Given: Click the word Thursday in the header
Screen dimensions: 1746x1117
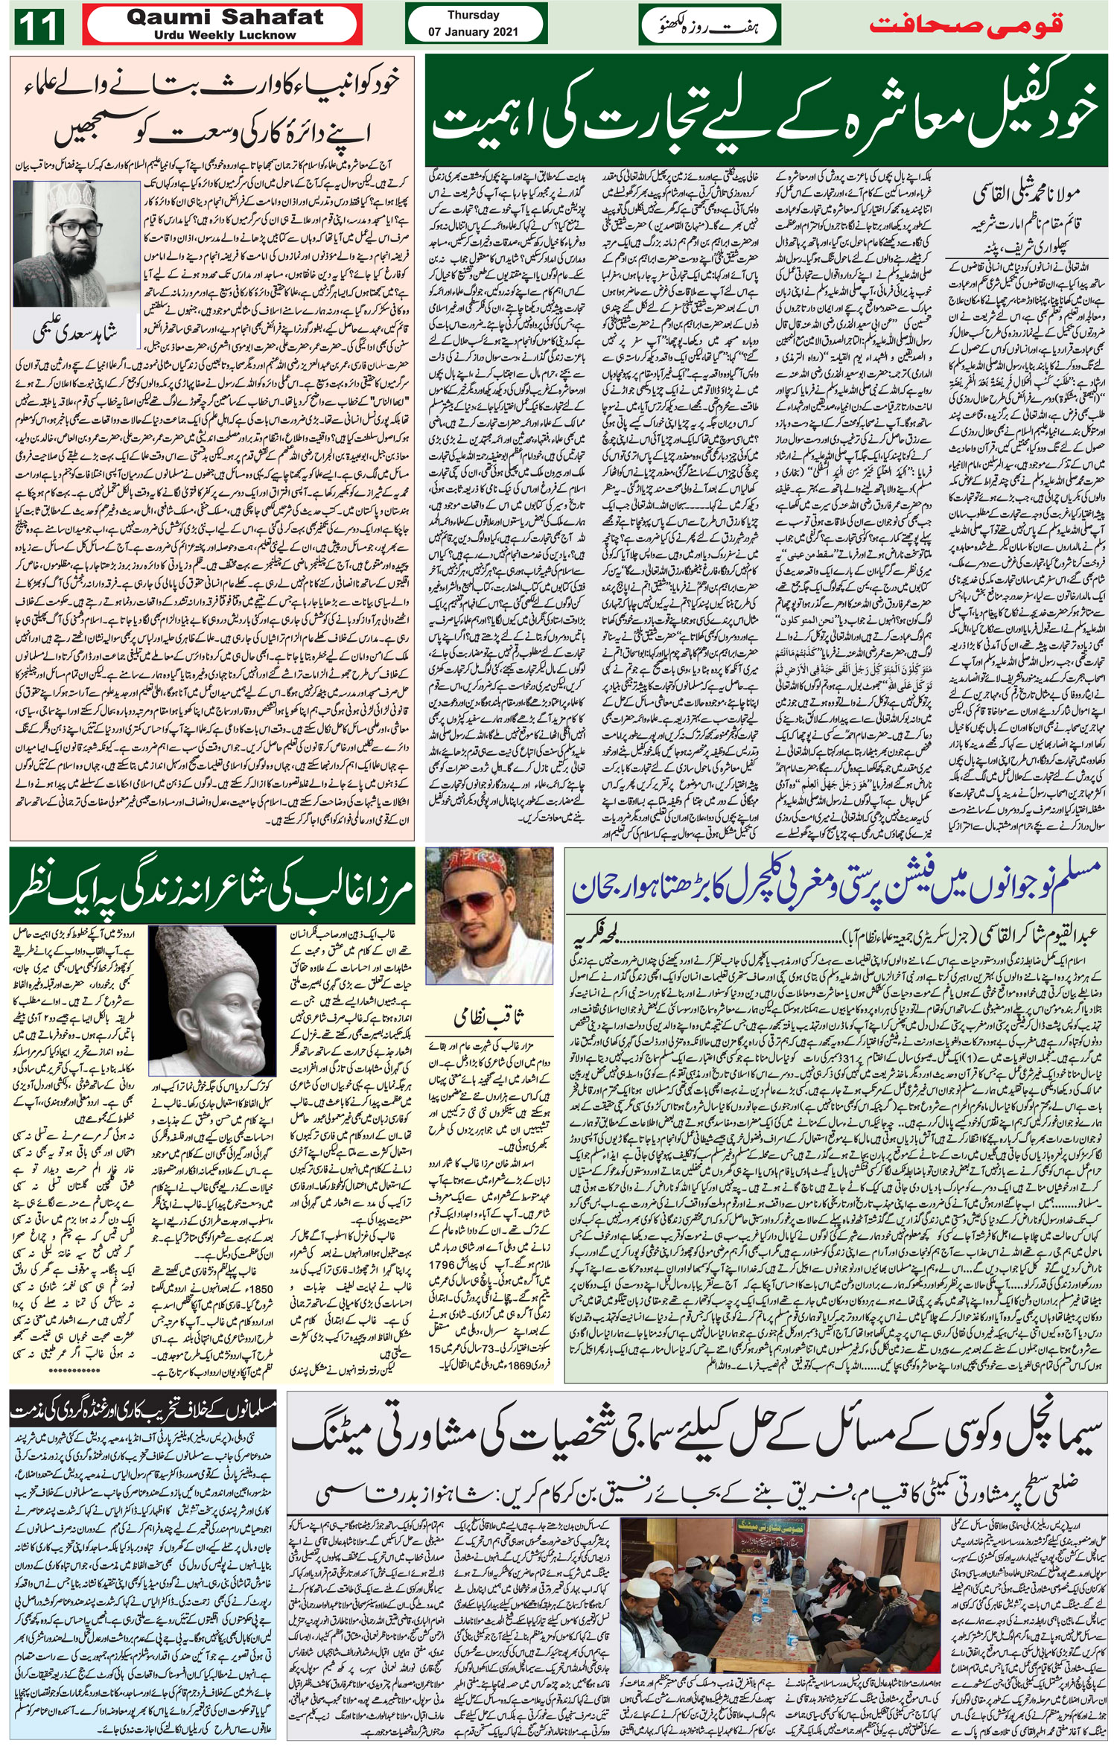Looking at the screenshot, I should coord(474,15).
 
